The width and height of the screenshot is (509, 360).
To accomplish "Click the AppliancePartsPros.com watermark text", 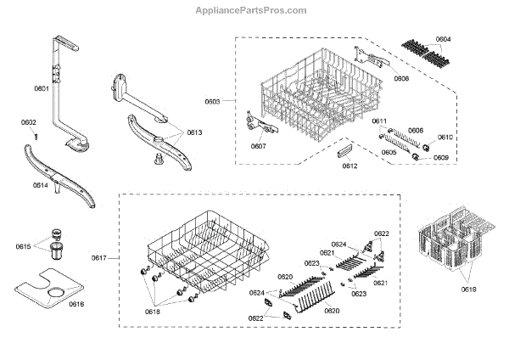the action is [254, 10].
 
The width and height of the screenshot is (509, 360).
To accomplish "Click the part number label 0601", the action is [42, 89].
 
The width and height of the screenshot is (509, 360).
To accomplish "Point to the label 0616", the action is [76, 303].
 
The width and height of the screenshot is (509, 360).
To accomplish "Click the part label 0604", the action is [444, 39].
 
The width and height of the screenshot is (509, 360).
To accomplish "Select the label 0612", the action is [350, 166].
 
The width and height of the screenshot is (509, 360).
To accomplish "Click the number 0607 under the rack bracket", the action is [259, 146].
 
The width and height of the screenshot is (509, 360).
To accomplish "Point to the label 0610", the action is [445, 137].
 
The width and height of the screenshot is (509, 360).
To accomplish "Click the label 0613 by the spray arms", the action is [194, 133].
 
